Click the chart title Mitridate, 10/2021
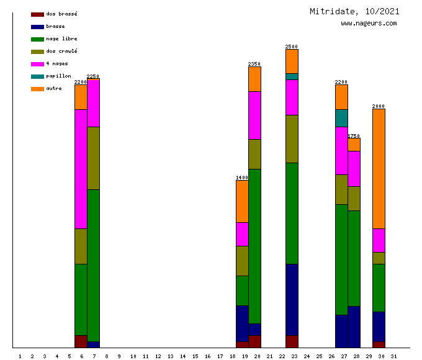point(354,11)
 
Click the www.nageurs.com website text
point(369,24)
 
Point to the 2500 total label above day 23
point(292,47)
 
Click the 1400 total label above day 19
point(242,178)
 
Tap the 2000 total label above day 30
point(379,106)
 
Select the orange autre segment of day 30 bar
point(379,168)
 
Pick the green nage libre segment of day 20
point(254,246)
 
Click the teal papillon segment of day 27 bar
point(341,118)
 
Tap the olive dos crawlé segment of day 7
point(93,158)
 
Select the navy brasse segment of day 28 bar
point(354,326)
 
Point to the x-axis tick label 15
point(195,356)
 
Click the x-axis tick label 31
point(394,356)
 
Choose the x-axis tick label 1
point(20,356)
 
